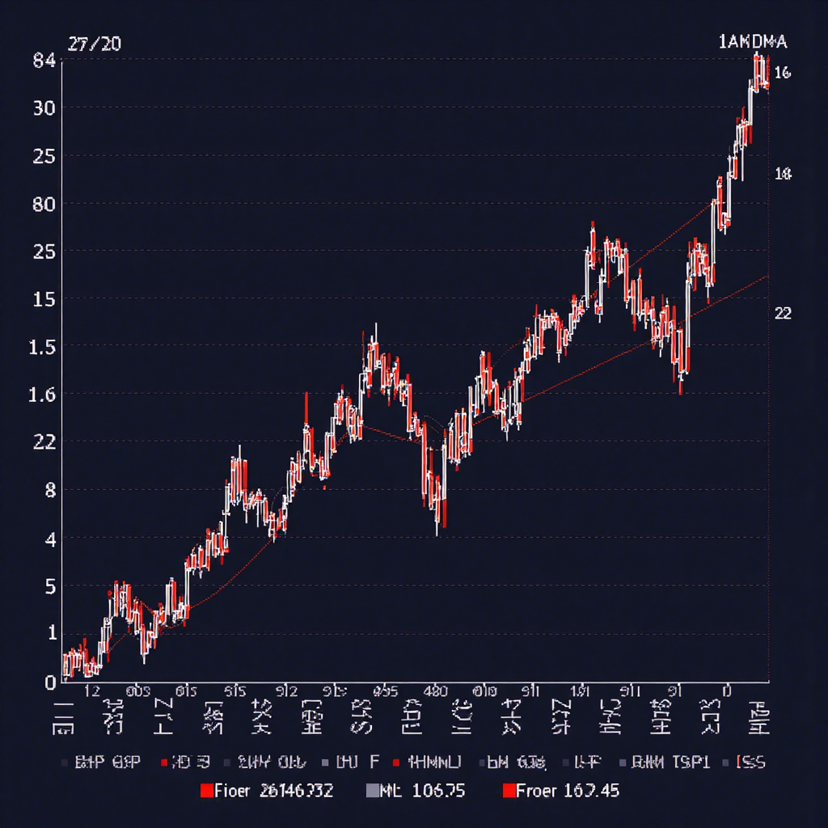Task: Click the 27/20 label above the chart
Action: [x=94, y=44]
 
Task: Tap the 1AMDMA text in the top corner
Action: [x=752, y=43]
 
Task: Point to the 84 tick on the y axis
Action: [x=44, y=61]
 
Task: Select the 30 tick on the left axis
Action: [x=44, y=108]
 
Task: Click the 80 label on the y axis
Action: [x=44, y=205]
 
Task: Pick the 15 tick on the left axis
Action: [x=44, y=300]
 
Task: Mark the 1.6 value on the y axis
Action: [x=44, y=395]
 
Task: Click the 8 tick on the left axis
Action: [x=50, y=491]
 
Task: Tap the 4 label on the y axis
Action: [x=50, y=539]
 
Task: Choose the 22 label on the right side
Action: [x=783, y=314]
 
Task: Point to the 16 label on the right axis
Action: [x=782, y=74]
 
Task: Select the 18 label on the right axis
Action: [x=783, y=174]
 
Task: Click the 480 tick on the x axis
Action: [x=436, y=691]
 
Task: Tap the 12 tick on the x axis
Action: [x=92, y=691]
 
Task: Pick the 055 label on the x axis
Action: [x=386, y=691]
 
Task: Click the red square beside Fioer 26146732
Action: [x=206, y=791]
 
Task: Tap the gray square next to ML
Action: [x=372, y=791]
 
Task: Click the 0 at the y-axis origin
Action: [x=50, y=682]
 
